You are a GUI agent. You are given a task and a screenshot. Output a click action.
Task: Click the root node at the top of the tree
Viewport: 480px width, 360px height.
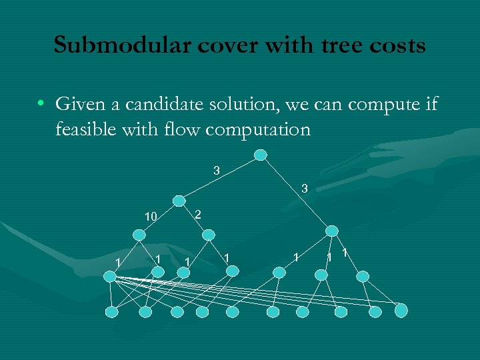(x=261, y=155)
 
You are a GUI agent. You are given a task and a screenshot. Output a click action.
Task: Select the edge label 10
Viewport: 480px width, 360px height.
(x=151, y=216)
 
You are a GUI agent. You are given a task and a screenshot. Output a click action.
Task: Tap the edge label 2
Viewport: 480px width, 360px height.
(x=197, y=213)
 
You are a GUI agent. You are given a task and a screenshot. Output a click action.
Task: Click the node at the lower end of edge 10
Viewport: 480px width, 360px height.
(x=139, y=235)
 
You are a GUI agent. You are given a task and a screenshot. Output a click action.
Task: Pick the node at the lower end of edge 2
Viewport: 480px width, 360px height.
(x=209, y=235)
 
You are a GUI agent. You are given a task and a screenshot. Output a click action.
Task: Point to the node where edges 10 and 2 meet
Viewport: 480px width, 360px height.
(x=179, y=200)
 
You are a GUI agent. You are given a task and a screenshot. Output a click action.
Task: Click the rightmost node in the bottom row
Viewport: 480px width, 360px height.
(x=401, y=310)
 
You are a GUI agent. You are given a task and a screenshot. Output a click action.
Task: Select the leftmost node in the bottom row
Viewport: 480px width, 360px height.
(x=113, y=311)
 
